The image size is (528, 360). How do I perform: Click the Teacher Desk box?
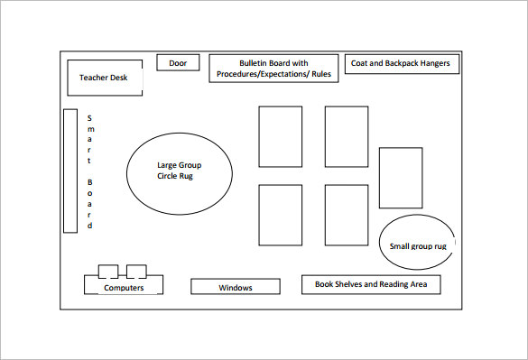coord(104,78)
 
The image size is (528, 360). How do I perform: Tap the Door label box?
coord(178,63)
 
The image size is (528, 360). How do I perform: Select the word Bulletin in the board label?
coord(257,63)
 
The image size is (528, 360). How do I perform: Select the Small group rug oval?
coord(417,244)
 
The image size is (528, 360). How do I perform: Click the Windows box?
coord(235,287)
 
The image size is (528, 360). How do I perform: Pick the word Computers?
coord(124,288)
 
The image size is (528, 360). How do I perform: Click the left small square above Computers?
coord(107,271)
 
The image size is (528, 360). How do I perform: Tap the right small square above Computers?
coord(136,271)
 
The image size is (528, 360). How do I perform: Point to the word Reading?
coord(396,284)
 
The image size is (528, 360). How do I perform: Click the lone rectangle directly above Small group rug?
coord(400,178)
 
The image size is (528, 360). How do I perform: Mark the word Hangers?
coord(435,64)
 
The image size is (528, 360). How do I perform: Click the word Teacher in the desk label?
coord(94,78)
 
